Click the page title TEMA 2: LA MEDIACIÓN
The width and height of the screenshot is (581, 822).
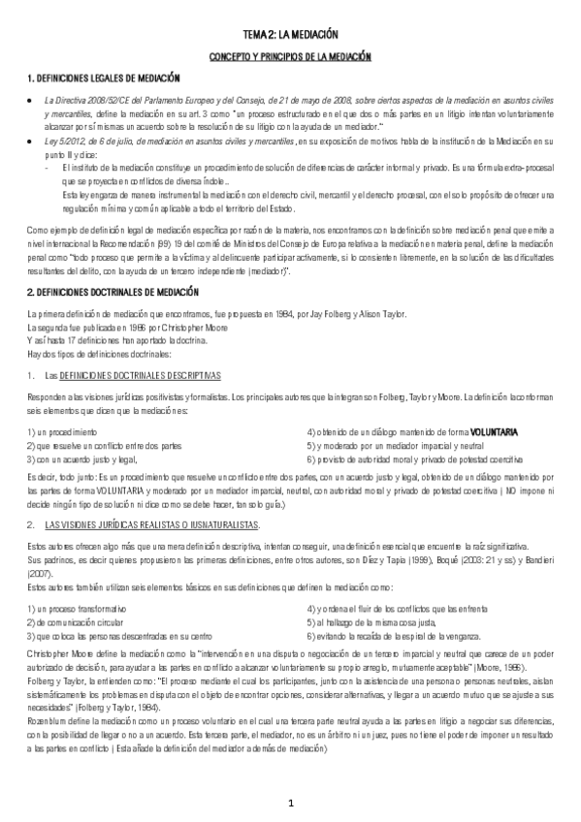coord(290,35)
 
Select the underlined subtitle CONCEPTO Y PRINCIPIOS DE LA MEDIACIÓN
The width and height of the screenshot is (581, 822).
coord(290,57)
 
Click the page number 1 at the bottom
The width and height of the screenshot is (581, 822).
coord(290,803)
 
